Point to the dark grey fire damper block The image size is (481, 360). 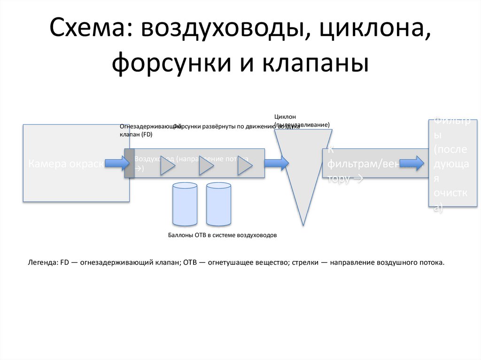pyautogui.click(x=129, y=163)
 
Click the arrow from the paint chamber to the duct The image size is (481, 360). pyautogui.click(x=116, y=163)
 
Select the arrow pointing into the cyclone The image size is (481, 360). pyautogui.click(x=276, y=163)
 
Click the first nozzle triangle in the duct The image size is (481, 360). pyautogui.click(x=167, y=166)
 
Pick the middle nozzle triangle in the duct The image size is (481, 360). pyautogui.click(x=205, y=166)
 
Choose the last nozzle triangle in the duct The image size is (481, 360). pyautogui.click(x=244, y=166)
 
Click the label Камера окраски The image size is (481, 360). pyautogui.click(x=66, y=164)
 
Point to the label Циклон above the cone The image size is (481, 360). pyautogui.click(x=285, y=116)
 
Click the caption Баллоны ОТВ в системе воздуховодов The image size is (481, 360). pyautogui.click(x=222, y=235)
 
